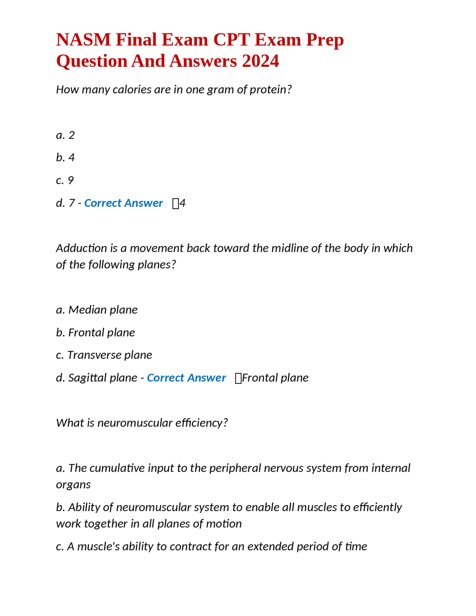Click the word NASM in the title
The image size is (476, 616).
(83, 40)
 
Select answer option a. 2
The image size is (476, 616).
(65, 135)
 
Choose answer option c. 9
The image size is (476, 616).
(65, 180)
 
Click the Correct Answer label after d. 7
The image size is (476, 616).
(123, 203)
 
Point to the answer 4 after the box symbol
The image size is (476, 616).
(183, 203)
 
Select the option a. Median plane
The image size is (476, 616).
(97, 310)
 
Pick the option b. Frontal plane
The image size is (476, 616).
(96, 333)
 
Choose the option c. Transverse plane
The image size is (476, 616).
(104, 355)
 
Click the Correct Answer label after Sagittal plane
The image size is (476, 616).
(186, 378)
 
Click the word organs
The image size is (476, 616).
(73, 485)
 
